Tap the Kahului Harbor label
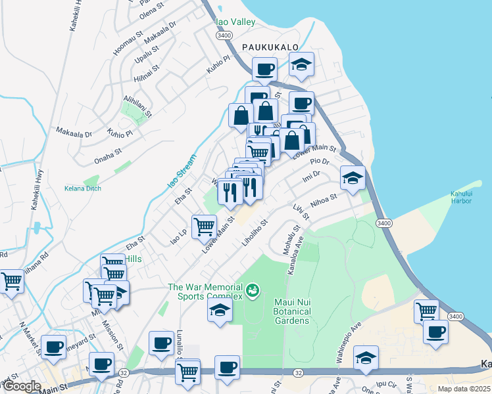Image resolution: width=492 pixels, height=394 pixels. (x=461, y=197)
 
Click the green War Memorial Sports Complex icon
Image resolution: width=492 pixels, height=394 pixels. (x=252, y=289)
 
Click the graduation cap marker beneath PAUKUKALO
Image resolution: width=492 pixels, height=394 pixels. (x=301, y=66)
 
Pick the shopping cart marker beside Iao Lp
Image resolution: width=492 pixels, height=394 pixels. (x=204, y=227)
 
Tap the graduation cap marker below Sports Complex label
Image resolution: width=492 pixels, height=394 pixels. (x=220, y=311)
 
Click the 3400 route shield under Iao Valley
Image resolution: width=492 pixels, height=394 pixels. (x=224, y=35)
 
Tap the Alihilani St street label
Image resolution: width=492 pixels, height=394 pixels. (x=137, y=106)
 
